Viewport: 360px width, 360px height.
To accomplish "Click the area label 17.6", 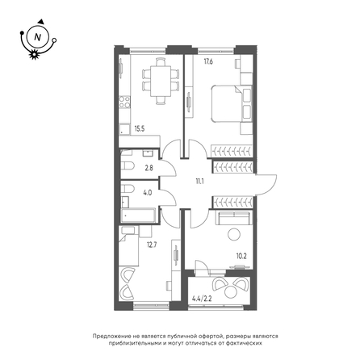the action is point(208,61).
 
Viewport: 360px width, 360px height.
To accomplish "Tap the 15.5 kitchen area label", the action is point(140,128).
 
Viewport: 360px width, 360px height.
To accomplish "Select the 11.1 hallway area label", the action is point(199,181).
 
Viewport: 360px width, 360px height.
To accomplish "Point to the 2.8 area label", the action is point(149,168).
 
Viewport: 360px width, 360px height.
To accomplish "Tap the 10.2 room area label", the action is point(241,256).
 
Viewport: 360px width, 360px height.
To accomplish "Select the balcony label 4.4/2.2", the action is point(202,299).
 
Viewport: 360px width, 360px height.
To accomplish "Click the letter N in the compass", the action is point(38,37).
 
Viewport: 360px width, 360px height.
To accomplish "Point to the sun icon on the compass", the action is point(34,54).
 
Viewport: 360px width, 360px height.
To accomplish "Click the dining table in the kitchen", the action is point(161,81).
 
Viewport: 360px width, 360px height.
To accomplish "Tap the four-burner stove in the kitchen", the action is point(124,102).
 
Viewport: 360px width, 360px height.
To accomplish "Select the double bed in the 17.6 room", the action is point(232,103).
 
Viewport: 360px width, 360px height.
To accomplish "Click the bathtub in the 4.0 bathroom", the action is point(138,216).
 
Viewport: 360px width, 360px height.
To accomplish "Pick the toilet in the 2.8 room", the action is point(128,165).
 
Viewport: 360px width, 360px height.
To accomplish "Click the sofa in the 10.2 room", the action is point(234,218).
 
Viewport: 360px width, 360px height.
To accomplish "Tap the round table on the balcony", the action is point(230,292).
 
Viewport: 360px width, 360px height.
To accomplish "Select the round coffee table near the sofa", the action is point(234,234).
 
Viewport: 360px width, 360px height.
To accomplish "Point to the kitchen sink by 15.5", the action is point(124,130).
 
